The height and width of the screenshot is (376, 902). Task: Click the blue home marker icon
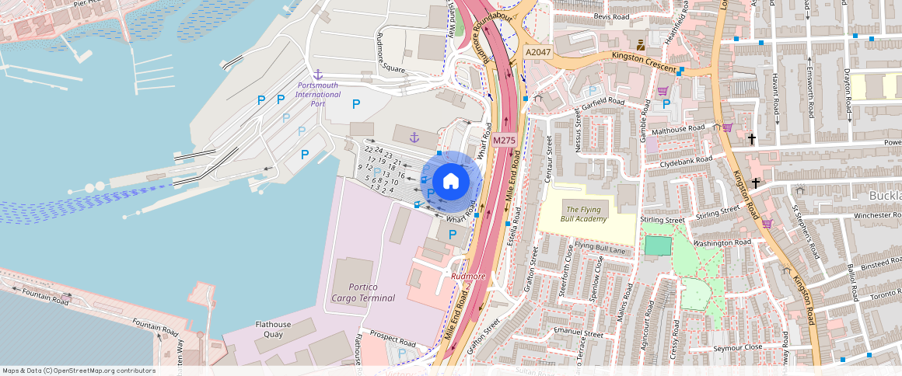[450, 182]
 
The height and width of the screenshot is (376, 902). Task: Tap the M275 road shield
[502, 141]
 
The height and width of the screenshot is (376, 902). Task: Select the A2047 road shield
[537, 52]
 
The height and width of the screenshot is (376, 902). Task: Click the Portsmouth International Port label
[318, 94]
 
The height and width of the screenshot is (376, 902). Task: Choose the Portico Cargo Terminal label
[362, 292]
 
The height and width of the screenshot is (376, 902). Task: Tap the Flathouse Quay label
[273, 329]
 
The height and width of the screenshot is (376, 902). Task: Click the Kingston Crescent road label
[644, 62]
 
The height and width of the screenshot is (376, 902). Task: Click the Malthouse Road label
[677, 128]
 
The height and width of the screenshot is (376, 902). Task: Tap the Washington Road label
[719, 243]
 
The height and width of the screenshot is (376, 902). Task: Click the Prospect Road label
[393, 339]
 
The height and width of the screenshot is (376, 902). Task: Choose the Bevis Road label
[610, 16]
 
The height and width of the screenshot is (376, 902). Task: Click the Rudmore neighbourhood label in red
[468, 276]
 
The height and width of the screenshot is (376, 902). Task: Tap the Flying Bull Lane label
[600, 249]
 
